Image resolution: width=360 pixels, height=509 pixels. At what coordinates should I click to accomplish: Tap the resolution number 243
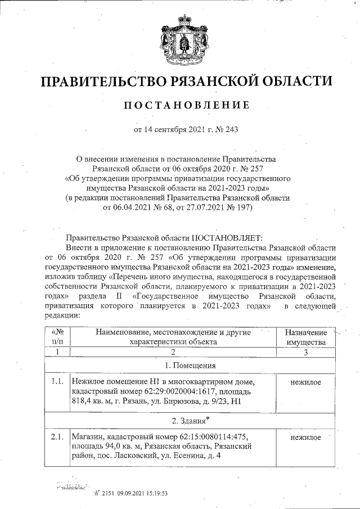click(x=232, y=130)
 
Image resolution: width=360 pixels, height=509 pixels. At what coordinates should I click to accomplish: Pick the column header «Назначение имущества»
click(x=305, y=336)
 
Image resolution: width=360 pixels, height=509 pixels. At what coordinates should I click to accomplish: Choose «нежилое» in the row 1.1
click(x=306, y=382)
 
